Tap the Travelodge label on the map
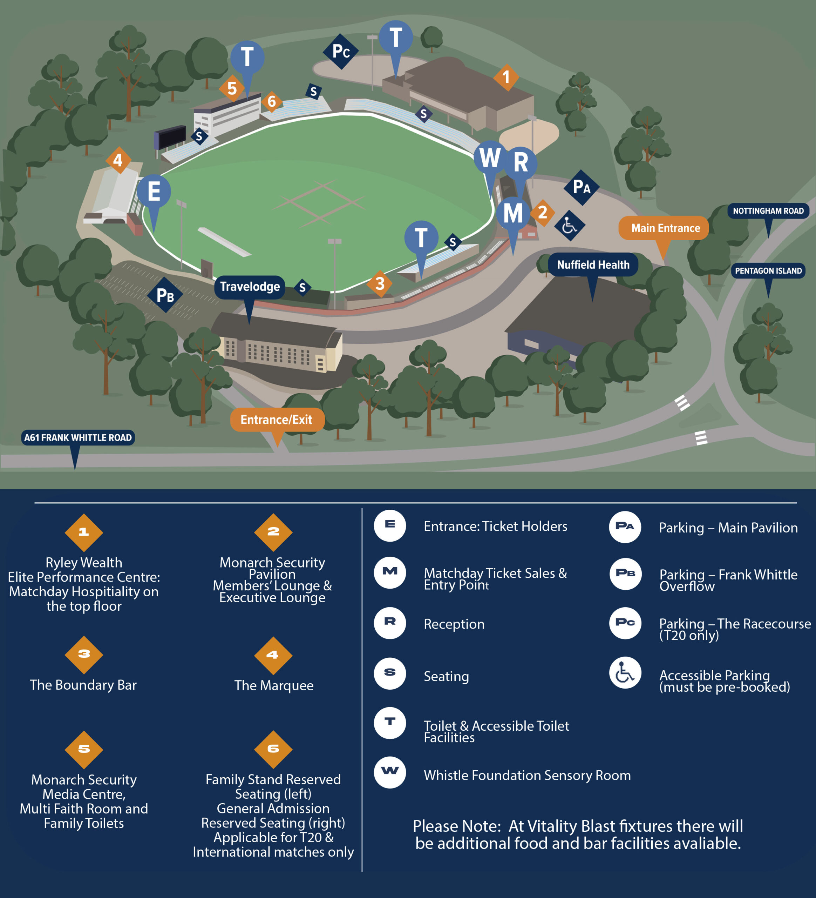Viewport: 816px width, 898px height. (249, 287)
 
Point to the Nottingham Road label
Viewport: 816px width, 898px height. (768, 211)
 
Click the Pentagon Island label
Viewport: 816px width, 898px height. (768, 270)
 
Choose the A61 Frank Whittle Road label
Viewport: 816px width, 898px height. (78, 437)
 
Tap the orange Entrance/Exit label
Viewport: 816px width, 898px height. (277, 420)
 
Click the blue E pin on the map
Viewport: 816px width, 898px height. (154, 192)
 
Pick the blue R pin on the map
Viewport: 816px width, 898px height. (521, 162)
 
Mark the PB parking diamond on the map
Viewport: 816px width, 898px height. (165, 295)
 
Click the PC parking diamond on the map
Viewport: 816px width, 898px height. (341, 52)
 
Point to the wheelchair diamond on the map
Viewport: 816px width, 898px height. (569, 226)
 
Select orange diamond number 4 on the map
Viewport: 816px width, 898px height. (118, 160)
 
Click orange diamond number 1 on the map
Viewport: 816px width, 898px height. (506, 77)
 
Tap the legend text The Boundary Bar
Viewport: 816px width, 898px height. (83, 685)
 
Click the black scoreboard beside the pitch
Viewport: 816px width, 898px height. (170, 137)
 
